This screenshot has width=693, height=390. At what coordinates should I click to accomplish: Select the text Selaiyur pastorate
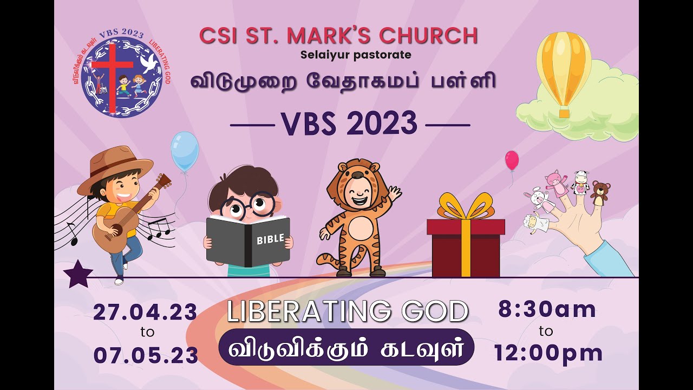pyautogui.click(x=356, y=55)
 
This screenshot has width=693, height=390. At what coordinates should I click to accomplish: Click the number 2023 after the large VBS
pyautogui.click(x=382, y=124)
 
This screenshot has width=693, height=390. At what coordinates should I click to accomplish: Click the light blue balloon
pyautogui.click(x=184, y=151)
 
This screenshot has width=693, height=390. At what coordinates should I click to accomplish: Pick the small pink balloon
pyautogui.click(x=512, y=160)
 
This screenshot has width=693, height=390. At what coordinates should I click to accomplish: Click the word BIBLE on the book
pyautogui.click(x=270, y=239)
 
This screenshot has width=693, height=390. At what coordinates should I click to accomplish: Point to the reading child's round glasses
pyautogui.click(x=247, y=206)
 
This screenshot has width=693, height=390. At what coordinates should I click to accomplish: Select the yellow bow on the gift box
pyautogui.click(x=465, y=208)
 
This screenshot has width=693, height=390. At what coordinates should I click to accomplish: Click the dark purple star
pyautogui.click(x=77, y=274)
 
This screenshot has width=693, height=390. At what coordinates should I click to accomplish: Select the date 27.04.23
pyautogui.click(x=145, y=313)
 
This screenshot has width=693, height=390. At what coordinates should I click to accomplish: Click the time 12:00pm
pyautogui.click(x=548, y=353)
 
